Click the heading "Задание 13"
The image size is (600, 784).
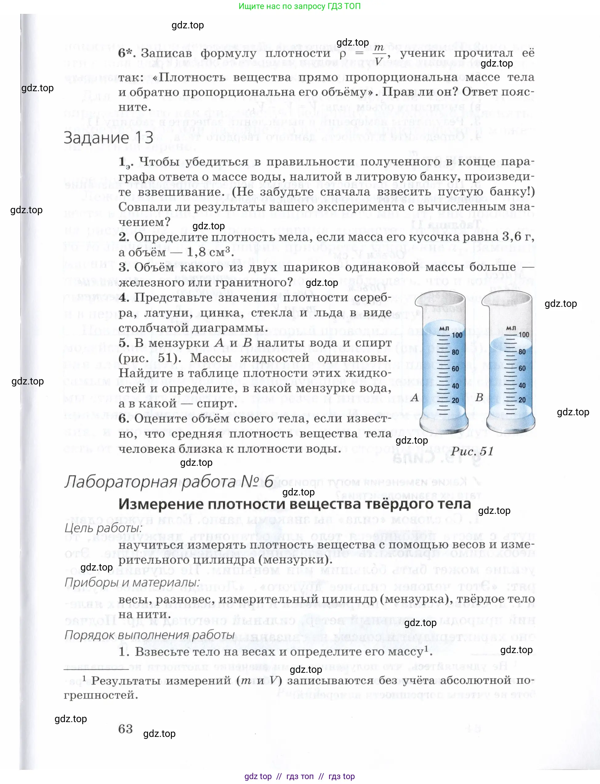click(109, 138)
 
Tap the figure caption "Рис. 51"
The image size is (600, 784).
click(472, 451)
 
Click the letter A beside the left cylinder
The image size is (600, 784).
click(415, 397)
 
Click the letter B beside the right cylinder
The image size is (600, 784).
click(479, 397)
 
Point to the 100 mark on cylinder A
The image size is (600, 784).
click(457, 335)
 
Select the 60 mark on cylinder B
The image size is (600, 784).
click(522, 368)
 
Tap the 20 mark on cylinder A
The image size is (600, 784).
click(455, 400)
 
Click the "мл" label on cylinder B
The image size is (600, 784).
click(511, 328)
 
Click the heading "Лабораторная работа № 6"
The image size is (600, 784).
click(169, 482)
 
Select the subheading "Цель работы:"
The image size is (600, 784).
click(103, 528)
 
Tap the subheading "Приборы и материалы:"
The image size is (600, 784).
click(132, 583)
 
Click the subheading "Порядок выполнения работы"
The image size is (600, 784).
click(150, 635)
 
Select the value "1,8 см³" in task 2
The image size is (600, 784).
click(210, 253)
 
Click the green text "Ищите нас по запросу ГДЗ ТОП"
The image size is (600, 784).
click(300, 6)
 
